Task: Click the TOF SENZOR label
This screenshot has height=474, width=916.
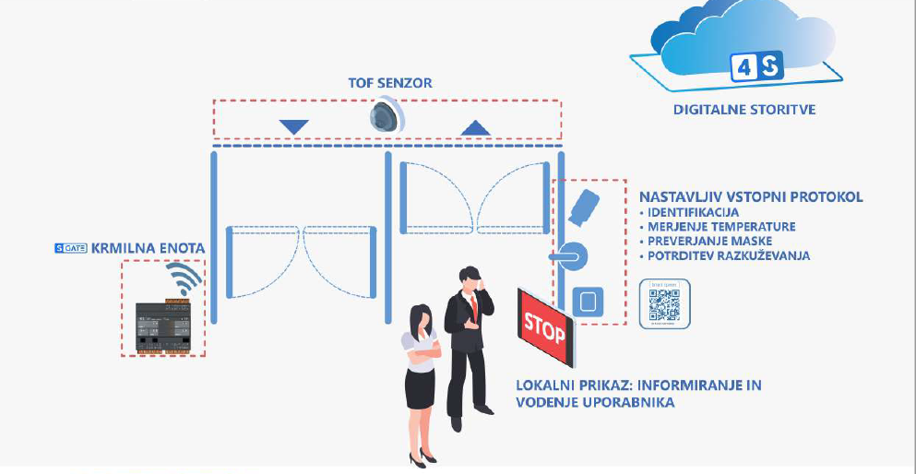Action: point(389,83)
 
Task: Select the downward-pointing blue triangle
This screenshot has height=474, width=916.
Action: point(293,126)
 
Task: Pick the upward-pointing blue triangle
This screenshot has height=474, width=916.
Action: point(476,127)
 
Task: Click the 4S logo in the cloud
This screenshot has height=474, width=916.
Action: point(755,66)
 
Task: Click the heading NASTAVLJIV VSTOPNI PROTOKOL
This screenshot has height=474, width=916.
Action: point(751,196)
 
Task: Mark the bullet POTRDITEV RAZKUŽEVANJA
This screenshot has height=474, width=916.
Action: point(728,255)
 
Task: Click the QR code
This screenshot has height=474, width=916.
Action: point(664,302)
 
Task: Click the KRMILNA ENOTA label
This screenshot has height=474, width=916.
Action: point(155,248)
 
